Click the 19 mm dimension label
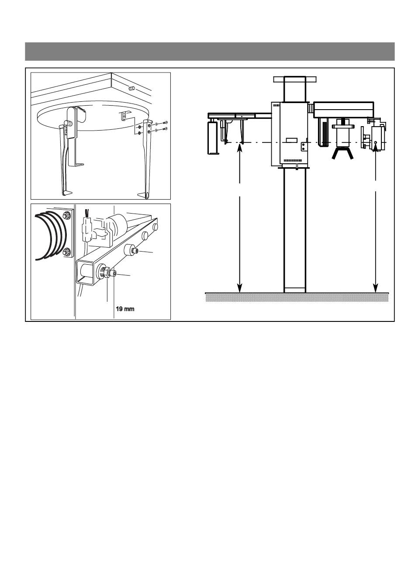[125, 309]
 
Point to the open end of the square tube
[85, 273]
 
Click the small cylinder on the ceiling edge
[131, 88]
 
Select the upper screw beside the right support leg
[165, 123]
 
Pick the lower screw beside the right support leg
[165, 129]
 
